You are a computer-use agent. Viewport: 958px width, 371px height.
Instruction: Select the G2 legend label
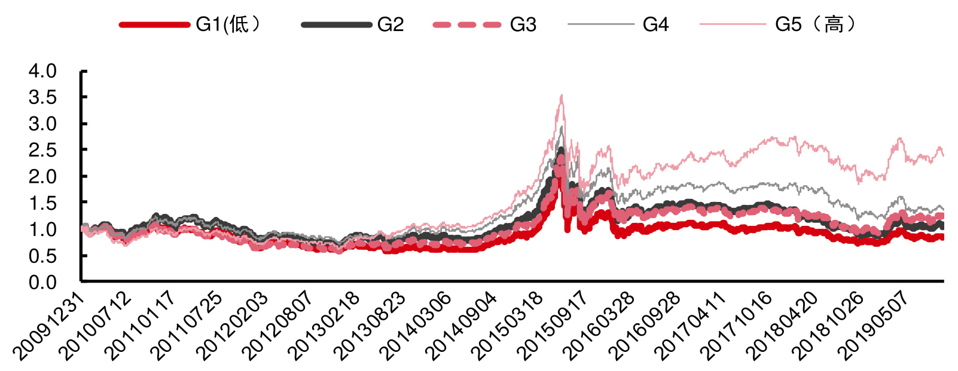(390, 24)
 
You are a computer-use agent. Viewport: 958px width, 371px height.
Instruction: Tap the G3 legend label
(523, 24)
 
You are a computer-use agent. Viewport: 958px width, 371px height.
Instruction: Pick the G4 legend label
(655, 24)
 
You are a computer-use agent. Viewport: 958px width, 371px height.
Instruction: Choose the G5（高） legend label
(816, 24)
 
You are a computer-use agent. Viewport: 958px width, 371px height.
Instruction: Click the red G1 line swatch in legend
(154, 24)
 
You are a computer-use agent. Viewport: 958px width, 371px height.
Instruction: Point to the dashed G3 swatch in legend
(467, 24)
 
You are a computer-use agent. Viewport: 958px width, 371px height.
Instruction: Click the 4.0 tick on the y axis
(42, 71)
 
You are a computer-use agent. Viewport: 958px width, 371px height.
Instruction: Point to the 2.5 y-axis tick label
(42, 150)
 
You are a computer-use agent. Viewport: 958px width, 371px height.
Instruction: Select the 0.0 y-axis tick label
(42, 282)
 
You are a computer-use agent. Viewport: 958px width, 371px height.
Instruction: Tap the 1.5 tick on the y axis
(42, 203)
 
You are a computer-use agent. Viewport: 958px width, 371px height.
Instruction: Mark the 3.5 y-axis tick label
(42, 97)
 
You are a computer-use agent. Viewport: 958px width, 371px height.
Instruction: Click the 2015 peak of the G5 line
(561, 96)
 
